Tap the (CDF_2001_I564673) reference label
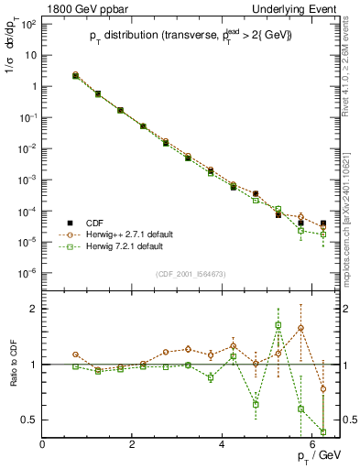click(191, 274)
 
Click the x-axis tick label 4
click(223, 445)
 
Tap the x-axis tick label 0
click(43, 445)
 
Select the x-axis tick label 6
click(312, 445)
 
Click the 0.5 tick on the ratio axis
click(30, 420)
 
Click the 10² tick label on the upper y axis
click(27, 23)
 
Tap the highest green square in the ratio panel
click(278, 325)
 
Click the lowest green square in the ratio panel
click(323, 431)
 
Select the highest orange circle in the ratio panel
click(300, 328)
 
